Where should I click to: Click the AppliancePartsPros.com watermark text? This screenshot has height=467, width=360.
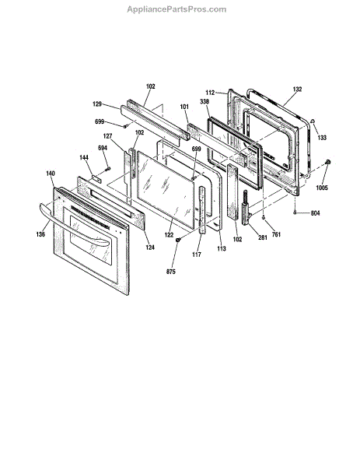click(x=177, y=9)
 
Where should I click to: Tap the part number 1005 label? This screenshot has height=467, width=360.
click(x=322, y=188)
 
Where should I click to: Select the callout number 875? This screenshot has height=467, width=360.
click(x=171, y=272)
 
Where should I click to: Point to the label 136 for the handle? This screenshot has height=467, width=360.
click(x=40, y=234)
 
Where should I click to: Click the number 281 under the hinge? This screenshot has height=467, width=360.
click(x=262, y=237)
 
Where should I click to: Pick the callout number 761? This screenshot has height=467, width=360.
click(x=276, y=235)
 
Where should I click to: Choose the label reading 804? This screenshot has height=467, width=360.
click(x=315, y=213)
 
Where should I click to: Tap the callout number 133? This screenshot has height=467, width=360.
click(x=322, y=137)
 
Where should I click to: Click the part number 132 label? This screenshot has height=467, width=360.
click(x=297, y=89)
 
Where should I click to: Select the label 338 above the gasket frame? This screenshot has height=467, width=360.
click(x=204, y=101)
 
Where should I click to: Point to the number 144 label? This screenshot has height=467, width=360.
click(x=84, y=157)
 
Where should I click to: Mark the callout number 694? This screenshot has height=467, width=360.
click(x=103, y=148)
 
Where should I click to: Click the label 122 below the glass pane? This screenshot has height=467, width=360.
click(x=169, y=235)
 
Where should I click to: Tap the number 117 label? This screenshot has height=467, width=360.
click(x=197, y=255)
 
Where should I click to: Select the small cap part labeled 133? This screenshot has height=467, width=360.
click(x=313, y=121)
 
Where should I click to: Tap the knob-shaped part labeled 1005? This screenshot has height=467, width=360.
click(x=328, y=163)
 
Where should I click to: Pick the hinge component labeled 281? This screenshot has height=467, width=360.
click(x=247, y=208)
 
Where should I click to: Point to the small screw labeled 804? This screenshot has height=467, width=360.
click(x=294, y=212)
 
